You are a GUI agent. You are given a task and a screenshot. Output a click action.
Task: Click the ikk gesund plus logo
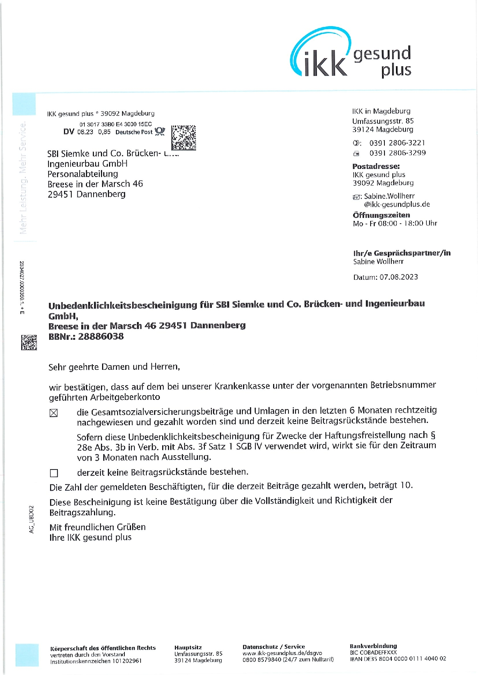pyautogui.click(x=351, y=54)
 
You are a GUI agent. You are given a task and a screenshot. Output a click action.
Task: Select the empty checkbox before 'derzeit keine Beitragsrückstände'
pyautogui.click(x=54, y=473)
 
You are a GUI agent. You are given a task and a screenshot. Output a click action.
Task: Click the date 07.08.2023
pyautogui.click(x=399, y=277)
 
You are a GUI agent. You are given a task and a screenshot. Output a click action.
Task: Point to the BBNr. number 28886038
pyautogui.click(x=101, y=336)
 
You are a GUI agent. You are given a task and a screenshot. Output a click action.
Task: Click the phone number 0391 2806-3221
pyautogui.click(x=397, y=143)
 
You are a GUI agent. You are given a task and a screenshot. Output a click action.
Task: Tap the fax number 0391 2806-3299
pyautogui.click(x=397, y=153)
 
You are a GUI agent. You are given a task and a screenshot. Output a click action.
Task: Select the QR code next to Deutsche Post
pyautogui.click(x=183, y=137)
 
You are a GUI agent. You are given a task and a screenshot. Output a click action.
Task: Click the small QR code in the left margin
pyautogui.click(x=29, y=342)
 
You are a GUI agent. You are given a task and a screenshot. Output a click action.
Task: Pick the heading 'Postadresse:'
pyautogui.click(x=376, y=166)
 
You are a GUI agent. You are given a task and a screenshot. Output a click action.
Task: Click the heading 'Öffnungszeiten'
pyautogui.click(x=381, y=215)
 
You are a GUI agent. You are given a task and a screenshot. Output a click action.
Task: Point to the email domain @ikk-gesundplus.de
pyautogui.click(x=397, y=204)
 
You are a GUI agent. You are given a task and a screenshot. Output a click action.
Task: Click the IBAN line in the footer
pyautogui.click(x=398, y=658)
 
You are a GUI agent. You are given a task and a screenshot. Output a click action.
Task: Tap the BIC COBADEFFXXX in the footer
pyautogui.click(x=373, y=652)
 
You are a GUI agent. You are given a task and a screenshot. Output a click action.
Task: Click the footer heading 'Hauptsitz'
pyautogui.click(x=188, y=648)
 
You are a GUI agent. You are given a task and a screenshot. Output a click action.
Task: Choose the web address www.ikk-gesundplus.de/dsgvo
pyautogui.click(x=282, y=653)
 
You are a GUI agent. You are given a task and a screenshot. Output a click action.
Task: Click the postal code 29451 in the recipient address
pyautogui.click(x=60, y=194)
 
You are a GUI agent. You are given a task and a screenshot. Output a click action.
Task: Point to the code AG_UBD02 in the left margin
pyautogui.click(x=32, y=519)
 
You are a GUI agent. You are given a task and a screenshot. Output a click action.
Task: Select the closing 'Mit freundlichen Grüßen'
pyautogui.click(x=97, y=527)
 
